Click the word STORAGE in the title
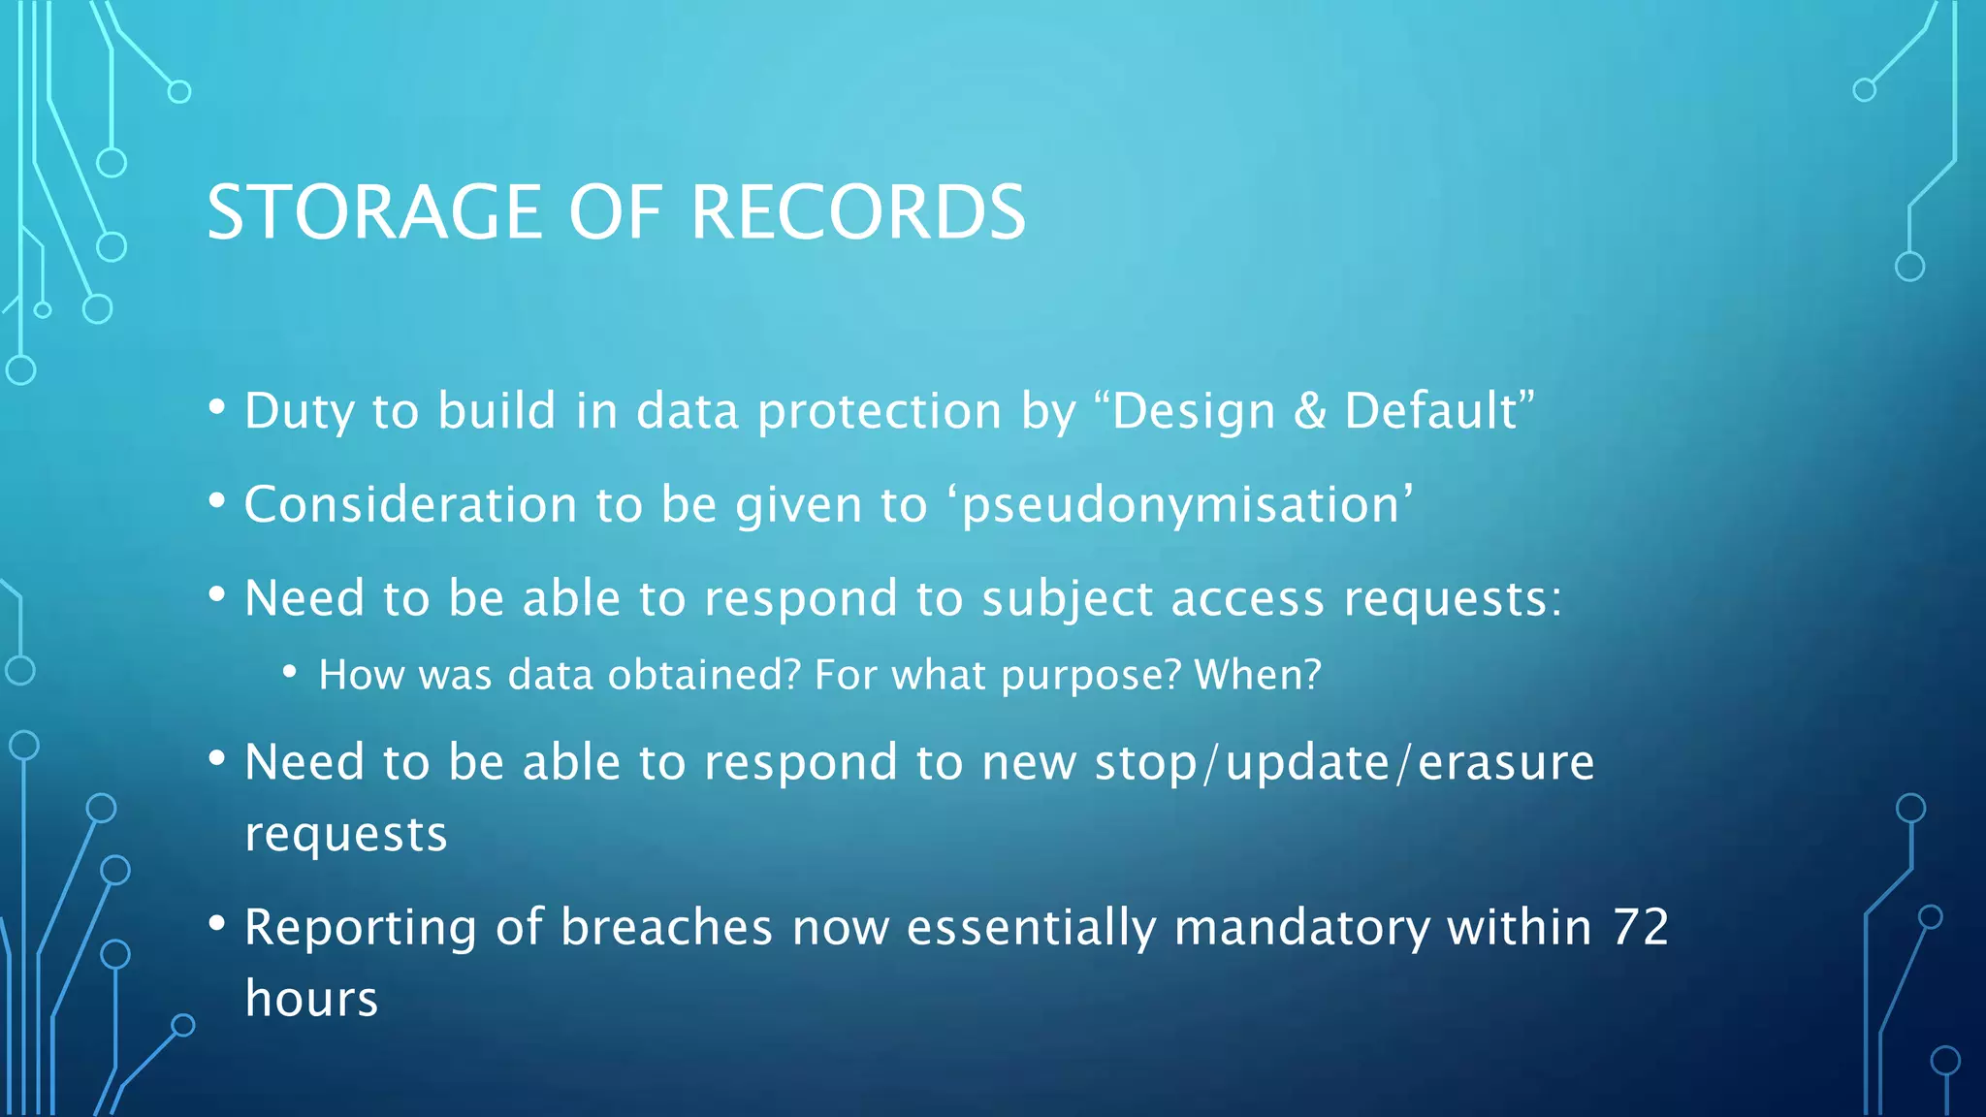[374, 212]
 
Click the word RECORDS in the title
[858, 212]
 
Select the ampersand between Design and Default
[1309, 411]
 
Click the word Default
[1430, 411]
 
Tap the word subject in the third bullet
[1067, 599]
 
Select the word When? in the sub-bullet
[1258, 675]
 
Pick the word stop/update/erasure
[1344, 763]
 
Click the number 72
[1641, 927]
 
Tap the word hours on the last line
[311, 999]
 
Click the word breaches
[666, 927]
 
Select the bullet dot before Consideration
[217, 501]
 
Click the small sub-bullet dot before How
[289, 671]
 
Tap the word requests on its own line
[346, 835]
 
